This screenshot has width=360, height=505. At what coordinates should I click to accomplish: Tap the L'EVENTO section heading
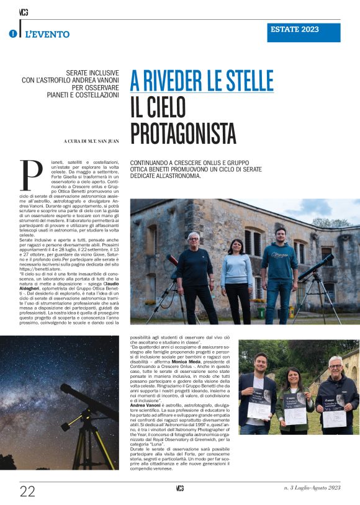[47, 35]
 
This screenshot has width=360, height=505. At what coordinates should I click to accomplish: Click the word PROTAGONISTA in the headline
[183, 132]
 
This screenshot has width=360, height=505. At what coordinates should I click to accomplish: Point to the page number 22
[27, 491]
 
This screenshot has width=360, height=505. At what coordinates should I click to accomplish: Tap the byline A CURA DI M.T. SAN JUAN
[91, 141]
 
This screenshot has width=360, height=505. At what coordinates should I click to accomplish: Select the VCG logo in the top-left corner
[24, 12]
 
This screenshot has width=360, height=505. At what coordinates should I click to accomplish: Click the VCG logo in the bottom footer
[179, 489]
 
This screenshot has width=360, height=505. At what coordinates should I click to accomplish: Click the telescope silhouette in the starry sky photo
[87, 416]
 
